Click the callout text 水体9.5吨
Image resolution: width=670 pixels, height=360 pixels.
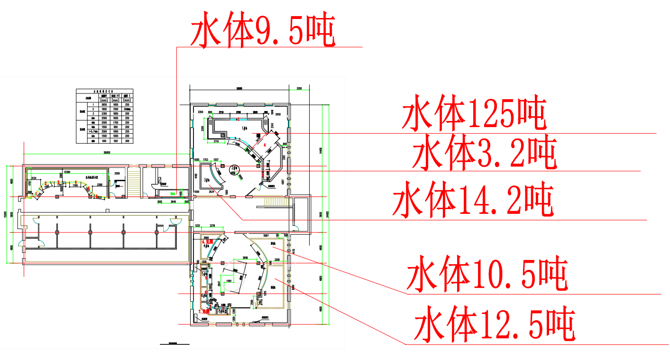(x=263, y=31)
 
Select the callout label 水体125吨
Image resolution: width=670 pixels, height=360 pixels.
(x=474, y=114)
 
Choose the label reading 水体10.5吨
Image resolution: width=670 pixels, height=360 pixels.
(x=486, y=274)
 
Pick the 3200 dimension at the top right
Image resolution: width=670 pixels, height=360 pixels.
(x=299, y=89)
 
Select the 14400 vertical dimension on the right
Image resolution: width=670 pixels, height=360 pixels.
(x=321, y=151)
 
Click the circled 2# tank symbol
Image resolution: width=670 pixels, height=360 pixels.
(x=234, y=168)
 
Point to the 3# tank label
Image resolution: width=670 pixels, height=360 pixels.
(x=207, y=180)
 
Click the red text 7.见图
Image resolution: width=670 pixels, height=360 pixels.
(x=204, y=312)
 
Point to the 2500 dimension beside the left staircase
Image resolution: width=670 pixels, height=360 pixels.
(x=117, y=174)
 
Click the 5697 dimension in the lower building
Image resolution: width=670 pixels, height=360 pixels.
(x=266, y=235)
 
